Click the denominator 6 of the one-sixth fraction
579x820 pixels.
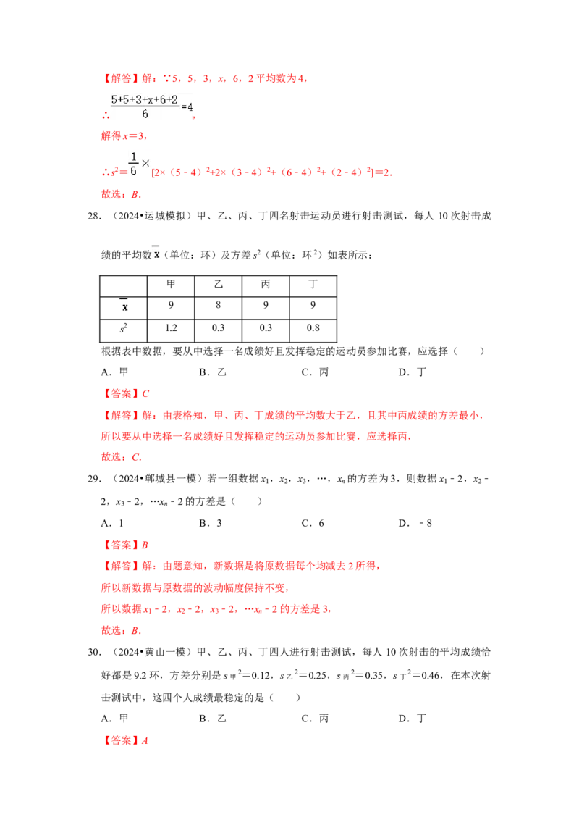click(132, 171)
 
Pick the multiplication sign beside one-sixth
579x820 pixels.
click(145, 164)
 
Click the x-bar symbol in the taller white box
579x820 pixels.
click(156, 253)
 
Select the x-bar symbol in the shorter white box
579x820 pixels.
click(124, 306)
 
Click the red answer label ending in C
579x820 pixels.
click(127, 394)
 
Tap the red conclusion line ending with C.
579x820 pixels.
click(121, 457)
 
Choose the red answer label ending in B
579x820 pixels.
click(127, 545)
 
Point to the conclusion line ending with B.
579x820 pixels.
click(121, 631)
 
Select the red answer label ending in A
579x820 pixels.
click(127, 741)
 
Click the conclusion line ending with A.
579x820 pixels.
click(121, 195)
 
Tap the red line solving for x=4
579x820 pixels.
click(124, 135)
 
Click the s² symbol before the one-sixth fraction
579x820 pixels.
click(112, 173)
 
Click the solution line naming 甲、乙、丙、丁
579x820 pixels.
click(293, 417)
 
